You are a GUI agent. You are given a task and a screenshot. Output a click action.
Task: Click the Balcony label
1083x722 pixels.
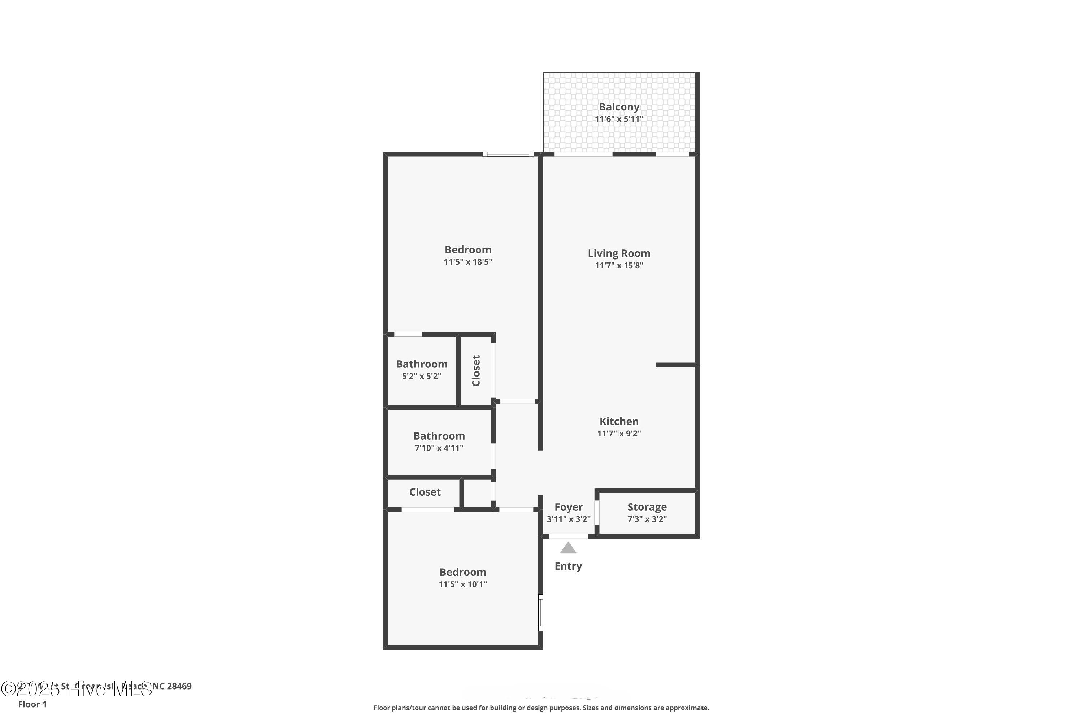pyautogui.click(x=619, y=107)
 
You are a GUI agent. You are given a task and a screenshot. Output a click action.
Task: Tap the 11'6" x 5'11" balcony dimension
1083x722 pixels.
pyautogui.click(x=619, y=119)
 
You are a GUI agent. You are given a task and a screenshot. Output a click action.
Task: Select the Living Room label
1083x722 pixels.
pyautogui.click(x=619, y=253)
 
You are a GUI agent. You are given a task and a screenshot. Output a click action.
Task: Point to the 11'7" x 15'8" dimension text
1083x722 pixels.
pyautogui.click(x=619, y=265)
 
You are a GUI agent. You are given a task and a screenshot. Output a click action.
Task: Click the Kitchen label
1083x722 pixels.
pyautogui.click(x=619, y=421)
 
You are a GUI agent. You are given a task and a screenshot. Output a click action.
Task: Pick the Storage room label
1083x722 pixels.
pyautogui.click(x=647, y=507)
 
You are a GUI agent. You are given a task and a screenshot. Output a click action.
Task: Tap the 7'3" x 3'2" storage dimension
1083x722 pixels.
pyautogui.click(x=647, y=519)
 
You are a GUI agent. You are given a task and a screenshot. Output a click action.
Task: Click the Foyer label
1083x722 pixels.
pyautogui.click(x=568, y=507)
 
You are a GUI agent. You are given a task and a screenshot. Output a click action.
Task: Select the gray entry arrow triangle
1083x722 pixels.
pyautogui.click(x=568, y=548)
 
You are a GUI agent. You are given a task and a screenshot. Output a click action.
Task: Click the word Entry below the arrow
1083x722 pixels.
pyautogui.click(x=568, y=566)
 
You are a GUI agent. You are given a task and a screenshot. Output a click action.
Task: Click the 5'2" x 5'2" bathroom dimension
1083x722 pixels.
pyautogui.click(x=421, y=376)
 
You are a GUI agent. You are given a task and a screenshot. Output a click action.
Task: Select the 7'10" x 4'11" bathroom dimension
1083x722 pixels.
pyautogui.click(x=439, y=448)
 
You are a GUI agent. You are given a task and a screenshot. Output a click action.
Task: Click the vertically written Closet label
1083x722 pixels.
pyautogui.click(x=476, y=371)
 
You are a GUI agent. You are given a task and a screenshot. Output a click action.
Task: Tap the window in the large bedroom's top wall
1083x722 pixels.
pyautogui.click(x=508, y=154)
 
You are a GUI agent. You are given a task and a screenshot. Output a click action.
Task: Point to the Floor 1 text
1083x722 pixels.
pyautogui.click(x=32, y=704)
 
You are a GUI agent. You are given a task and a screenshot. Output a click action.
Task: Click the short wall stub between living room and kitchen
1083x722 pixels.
pyautogui.click(x=675, y=365)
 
